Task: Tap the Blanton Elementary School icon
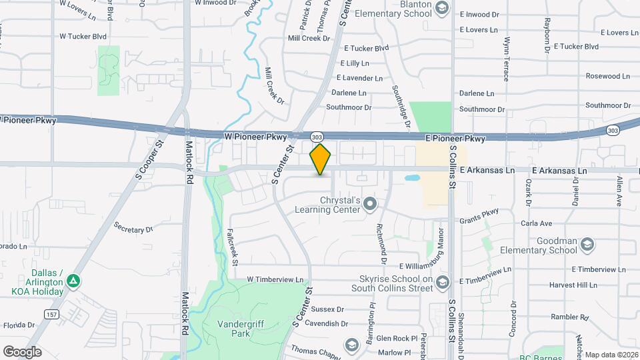[441, 8]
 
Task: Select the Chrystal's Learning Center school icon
[371, 205]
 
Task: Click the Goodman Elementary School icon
[587, 245]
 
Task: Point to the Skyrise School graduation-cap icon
[442, 283]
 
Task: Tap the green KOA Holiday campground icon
[74, 282]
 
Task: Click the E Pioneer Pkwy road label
[456, 139]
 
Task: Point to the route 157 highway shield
[51, 313]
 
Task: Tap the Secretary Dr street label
[133, 229]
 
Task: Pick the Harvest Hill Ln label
[573, 285]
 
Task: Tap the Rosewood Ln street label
[607, 76]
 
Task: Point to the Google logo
[22, 351]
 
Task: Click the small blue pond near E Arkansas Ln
[411, 179]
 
